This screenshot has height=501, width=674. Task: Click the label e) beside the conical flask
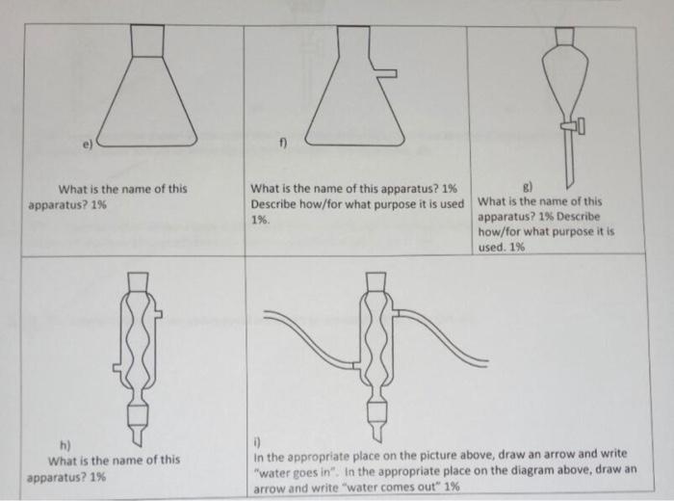click(88, 145)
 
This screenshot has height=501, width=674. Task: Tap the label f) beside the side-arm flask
click(282, 143)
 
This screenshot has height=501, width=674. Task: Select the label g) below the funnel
click(528, 187)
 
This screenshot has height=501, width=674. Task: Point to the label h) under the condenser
click(65, 445)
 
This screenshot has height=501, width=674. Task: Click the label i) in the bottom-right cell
click(257, 441)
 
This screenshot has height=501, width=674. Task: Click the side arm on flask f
click(385, 73)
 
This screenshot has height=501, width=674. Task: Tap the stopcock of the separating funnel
click(574, 125)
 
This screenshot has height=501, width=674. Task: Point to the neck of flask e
click(147, 40)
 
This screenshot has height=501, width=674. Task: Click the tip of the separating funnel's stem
click(568, 189)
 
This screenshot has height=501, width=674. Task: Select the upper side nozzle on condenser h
click(157, 314)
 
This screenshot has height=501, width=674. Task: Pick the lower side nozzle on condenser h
click(117, 368)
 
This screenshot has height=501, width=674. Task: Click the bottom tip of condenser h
click(139, 446)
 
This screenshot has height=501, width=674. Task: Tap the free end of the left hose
click(264, 314)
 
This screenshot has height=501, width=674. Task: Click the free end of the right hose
click(487, 363)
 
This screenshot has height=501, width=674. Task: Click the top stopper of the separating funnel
click(564, 36)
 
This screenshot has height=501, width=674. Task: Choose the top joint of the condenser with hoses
click(376, 281)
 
